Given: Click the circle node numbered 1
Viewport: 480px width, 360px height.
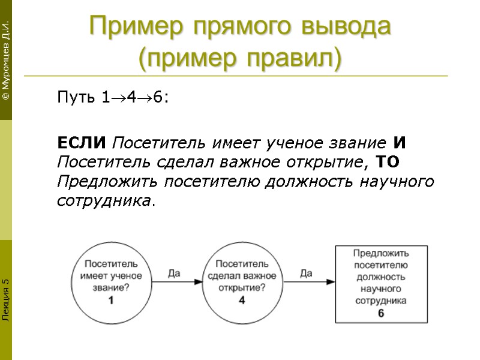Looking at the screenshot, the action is click(111, 282).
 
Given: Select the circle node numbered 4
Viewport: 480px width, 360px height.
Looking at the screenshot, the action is click(242, 282).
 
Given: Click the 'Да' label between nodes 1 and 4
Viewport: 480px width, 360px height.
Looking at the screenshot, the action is click(174, 274).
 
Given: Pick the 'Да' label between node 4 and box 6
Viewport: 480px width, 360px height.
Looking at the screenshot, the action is click(306, 274).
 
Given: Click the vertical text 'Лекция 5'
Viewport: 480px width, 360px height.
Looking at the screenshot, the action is click(5, 299).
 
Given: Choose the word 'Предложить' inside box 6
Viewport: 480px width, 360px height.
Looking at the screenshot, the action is click(381, 254).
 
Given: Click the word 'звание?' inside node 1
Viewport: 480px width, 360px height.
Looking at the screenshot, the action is click(111, 287).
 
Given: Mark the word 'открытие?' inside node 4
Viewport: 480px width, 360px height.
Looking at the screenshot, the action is click(242, 287).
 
